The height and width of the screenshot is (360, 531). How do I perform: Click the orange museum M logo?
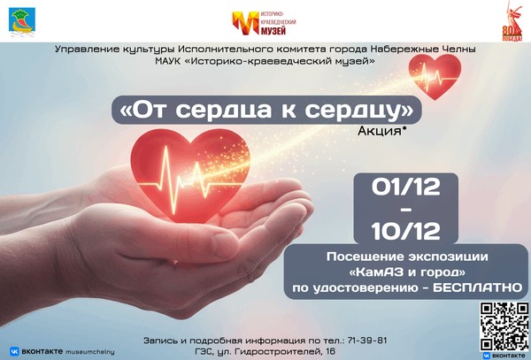[x=241, y=22]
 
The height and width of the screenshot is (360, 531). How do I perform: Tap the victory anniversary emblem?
[x=512, y=21]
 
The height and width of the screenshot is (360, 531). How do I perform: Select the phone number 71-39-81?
[x=363, y=341]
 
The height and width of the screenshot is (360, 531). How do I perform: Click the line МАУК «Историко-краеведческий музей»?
[x=265, y=61]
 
